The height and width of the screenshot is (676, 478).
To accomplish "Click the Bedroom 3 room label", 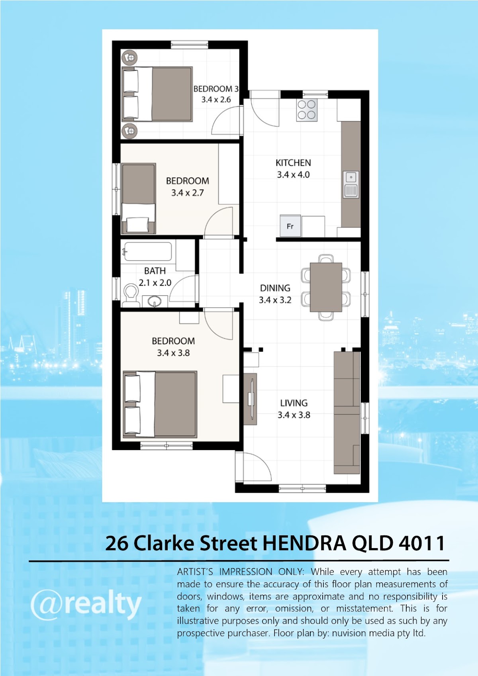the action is click(x=216, y=89).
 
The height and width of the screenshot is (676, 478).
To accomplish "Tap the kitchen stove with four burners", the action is click(x=307, y=110).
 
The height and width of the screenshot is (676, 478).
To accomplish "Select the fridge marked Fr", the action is click(x=290, y=226).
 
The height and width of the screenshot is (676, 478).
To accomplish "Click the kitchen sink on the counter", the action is click(x=351, y=184).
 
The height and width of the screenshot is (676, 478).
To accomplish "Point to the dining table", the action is click(x=326, y=287).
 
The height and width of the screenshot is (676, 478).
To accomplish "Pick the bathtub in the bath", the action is click(x=148, y=251).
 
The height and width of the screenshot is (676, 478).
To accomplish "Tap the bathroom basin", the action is click(x=155, y=301).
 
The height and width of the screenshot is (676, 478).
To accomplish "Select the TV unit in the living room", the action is click(x=250, y=399).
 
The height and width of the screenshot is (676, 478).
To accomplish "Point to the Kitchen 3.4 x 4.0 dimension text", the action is click(x=293, y=174).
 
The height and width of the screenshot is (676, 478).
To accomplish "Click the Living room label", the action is click(x=294, y=403).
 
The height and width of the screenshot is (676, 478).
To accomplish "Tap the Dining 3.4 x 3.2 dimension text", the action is click(x=275, y=300).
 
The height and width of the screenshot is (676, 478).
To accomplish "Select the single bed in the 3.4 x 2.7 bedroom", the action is click(x=139, y=198).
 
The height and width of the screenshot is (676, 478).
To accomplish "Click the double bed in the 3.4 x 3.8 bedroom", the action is click(x=160, y=404).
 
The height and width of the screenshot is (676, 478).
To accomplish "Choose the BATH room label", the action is click(x=155, y=271).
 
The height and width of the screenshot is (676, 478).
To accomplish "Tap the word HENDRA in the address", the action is click(x=304, y=543).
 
